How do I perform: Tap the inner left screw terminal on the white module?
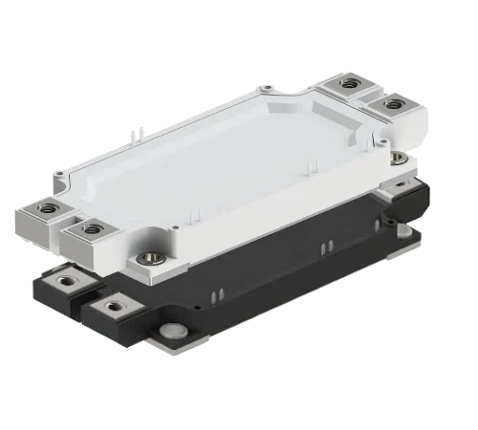click(x=92, y=228)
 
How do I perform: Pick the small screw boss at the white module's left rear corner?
click(x=63, y=176)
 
